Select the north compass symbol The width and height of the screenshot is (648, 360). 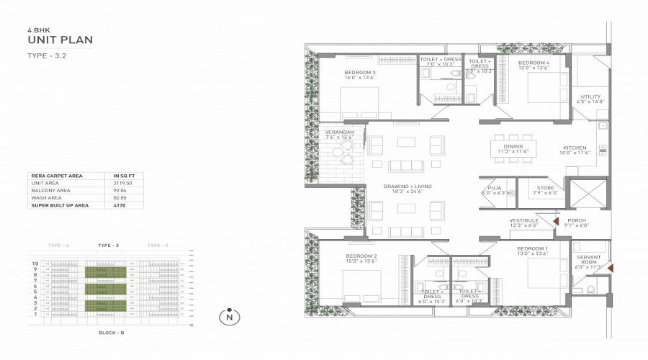click(229, 317)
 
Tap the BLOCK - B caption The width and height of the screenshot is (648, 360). click(111, 333)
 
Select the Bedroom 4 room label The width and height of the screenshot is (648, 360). click(534, 63)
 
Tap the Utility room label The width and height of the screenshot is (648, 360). click(591, 97)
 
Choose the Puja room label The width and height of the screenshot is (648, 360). click(494, 188)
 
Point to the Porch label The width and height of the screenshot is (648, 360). click(576, 220)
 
